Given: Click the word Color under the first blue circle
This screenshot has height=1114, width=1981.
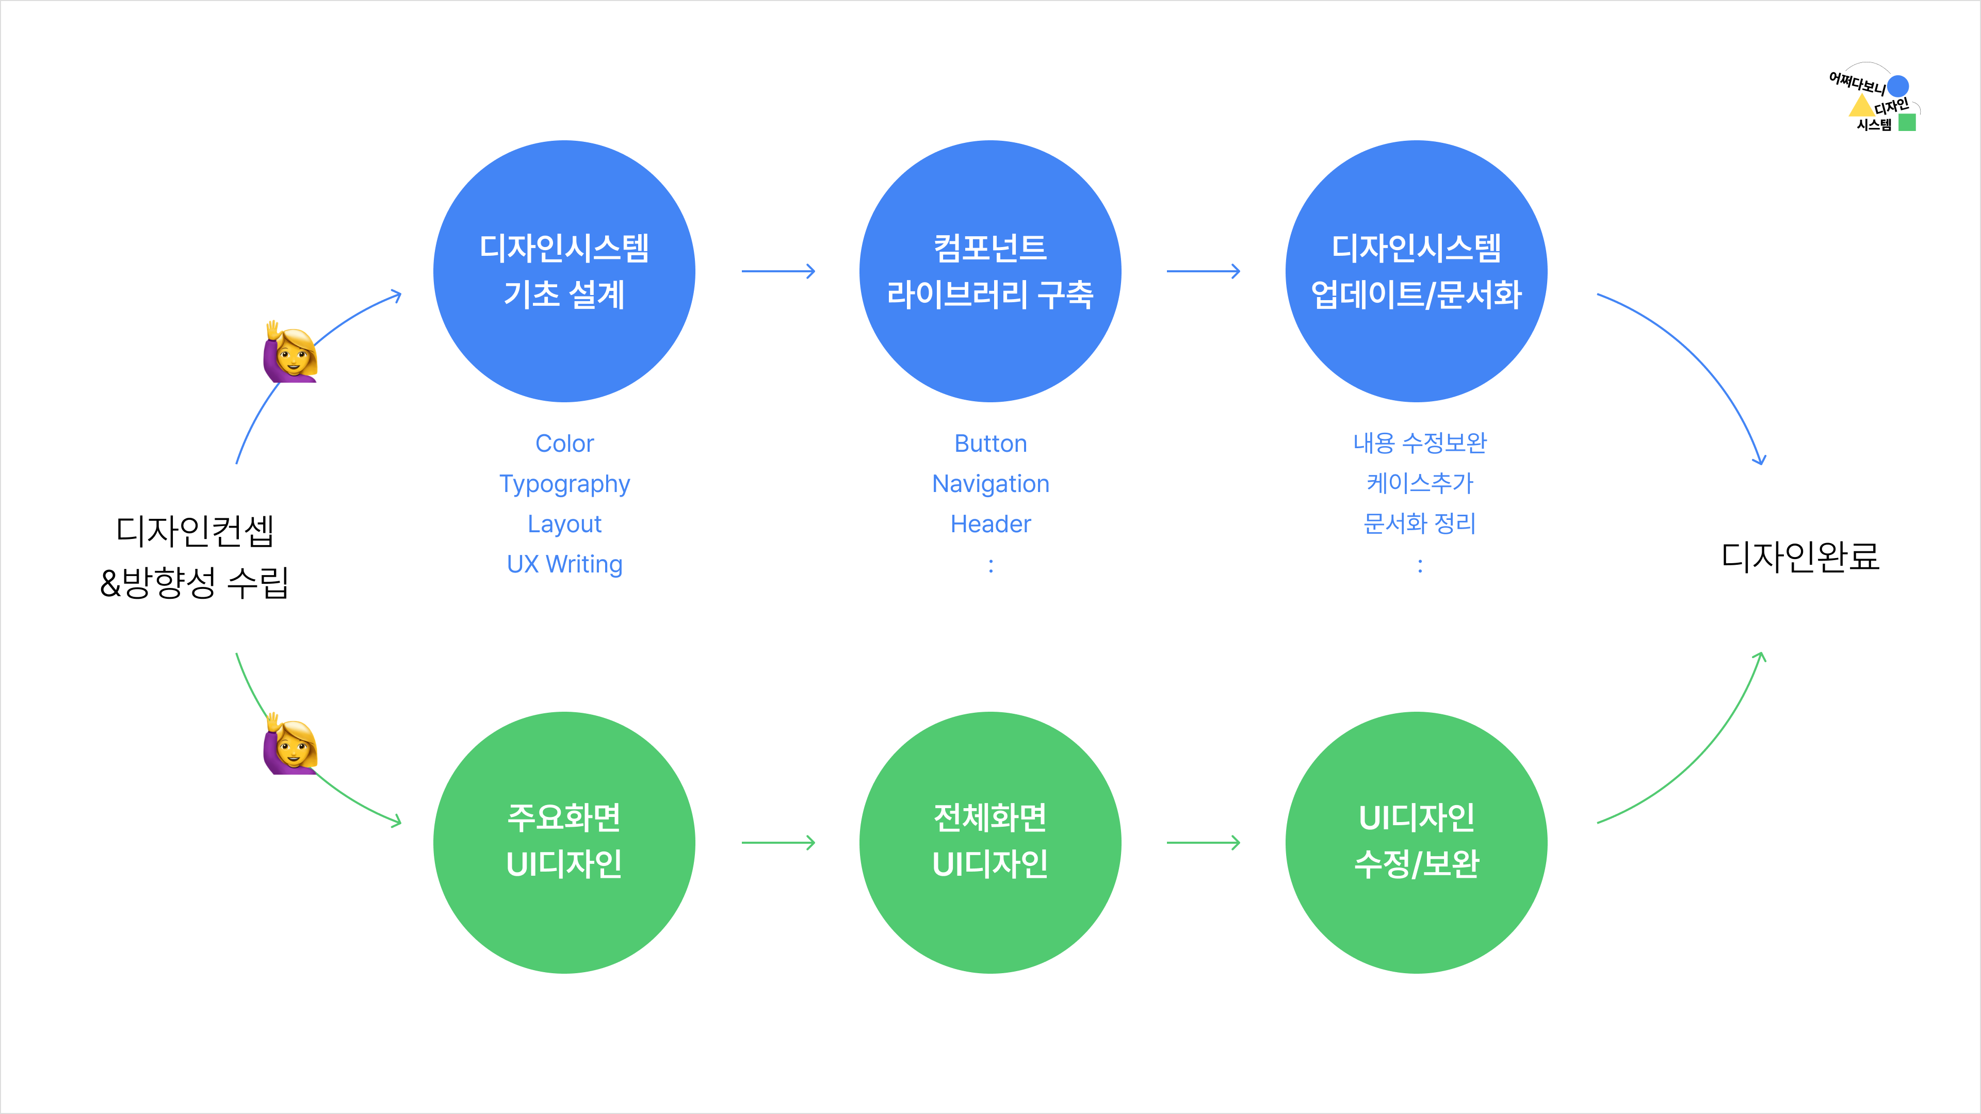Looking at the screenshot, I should point(564,444).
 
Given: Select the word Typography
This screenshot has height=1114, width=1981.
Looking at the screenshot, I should point(564,484).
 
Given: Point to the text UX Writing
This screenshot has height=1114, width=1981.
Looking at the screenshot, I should point(564,564).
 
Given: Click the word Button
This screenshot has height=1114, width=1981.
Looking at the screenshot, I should point(990,444).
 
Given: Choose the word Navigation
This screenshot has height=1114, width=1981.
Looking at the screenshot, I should point(990,484).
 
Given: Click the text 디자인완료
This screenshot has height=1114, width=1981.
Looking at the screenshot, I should point(1799,556).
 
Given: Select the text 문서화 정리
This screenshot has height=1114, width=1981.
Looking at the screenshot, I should point(1420,523).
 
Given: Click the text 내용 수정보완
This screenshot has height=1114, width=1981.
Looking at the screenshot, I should point(1420,443).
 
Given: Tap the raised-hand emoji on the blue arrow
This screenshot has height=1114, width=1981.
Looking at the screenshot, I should point(290,352).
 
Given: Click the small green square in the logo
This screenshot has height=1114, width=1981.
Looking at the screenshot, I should point(1907,122).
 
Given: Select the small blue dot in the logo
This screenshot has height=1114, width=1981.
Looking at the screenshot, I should point(1898,85).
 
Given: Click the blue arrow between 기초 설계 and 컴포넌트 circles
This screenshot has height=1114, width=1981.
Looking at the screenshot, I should point(778,271).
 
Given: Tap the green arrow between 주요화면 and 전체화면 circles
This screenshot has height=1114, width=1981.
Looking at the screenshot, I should point(778,843).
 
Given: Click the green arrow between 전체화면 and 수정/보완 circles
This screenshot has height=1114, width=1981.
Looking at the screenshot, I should point(1204,843).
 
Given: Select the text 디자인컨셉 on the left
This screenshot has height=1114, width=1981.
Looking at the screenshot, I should point(194,531).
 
